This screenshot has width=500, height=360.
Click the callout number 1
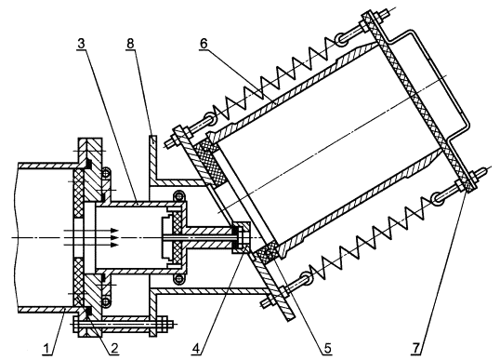click(47, 349)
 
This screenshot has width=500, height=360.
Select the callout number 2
click(113, 349)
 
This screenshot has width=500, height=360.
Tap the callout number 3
click(81, 44)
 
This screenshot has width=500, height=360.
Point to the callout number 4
click(197, 349)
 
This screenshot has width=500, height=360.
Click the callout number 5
click(328, 349)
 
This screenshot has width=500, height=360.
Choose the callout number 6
click(204, 44)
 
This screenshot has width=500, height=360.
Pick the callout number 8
click(130, 44)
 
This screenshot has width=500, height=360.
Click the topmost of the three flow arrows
click(91, 231)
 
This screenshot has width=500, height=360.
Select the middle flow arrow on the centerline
click(91, 238)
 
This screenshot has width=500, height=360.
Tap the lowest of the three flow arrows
click(91, 245)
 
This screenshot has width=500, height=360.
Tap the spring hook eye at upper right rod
click(340, 40)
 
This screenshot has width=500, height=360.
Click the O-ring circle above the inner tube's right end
click(178, 195)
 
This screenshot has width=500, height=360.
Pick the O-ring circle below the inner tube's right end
click(178, 278)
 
